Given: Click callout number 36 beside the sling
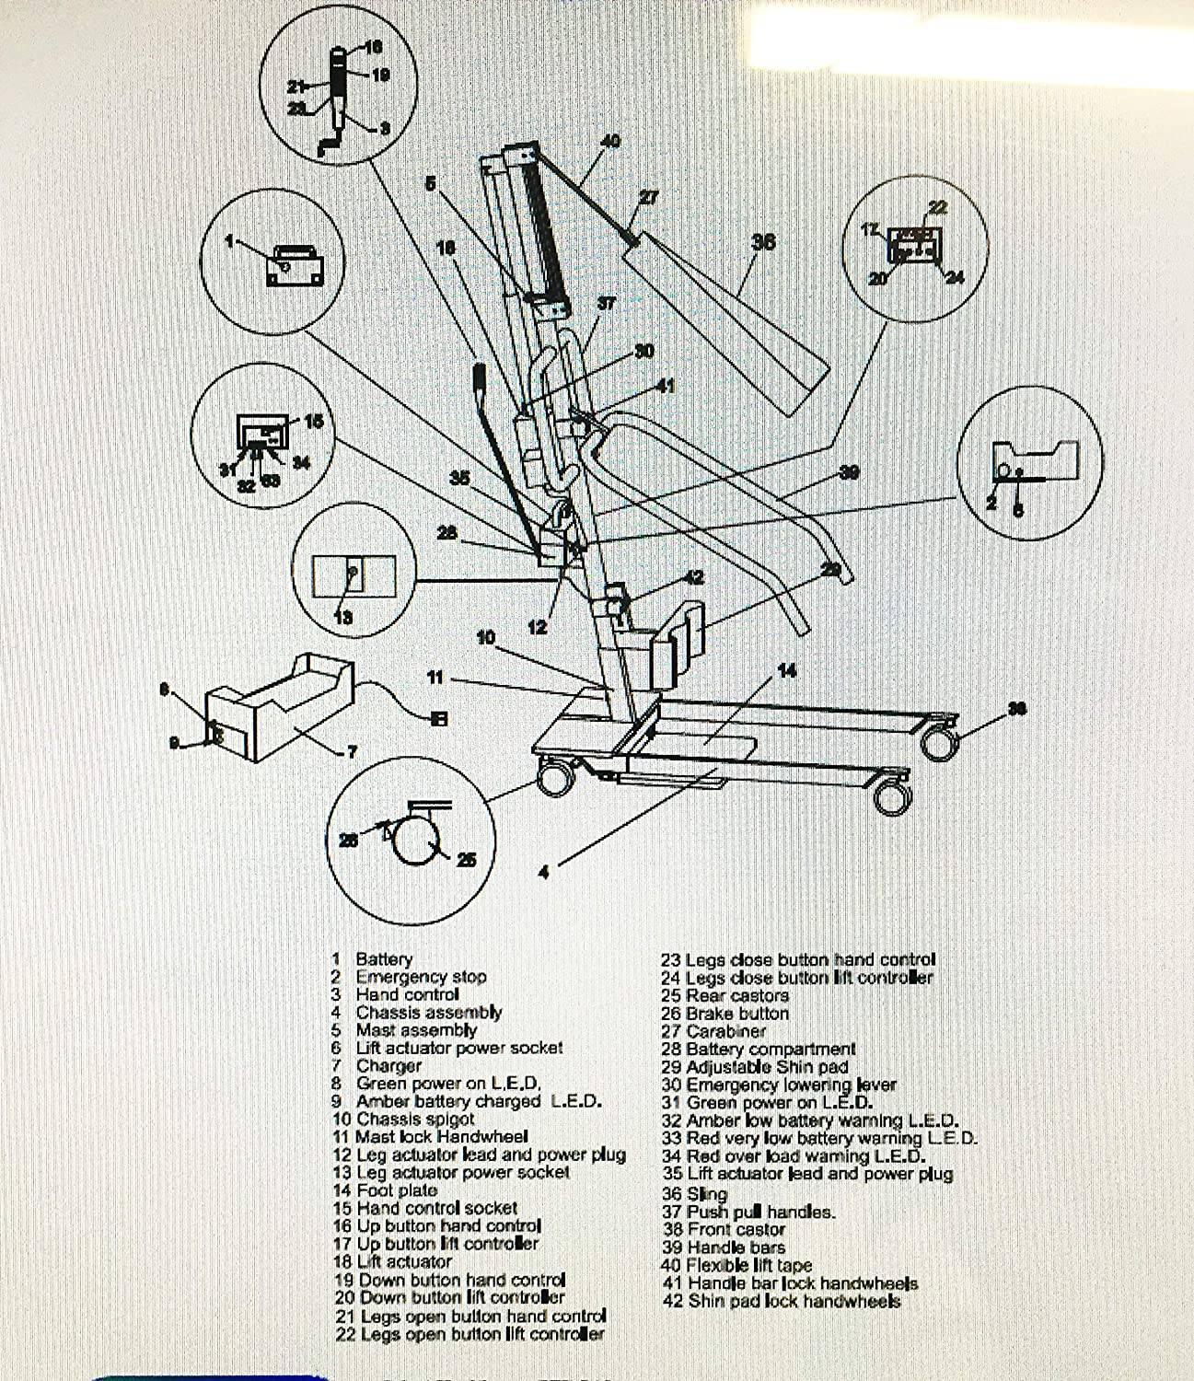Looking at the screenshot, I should (x=763, y=241).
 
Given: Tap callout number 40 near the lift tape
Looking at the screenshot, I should (x=610, y=141).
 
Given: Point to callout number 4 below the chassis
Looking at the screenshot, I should (x=543, y=872).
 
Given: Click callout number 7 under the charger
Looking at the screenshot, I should (x=350, y=752).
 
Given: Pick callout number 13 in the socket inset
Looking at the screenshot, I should (x=342, y=617).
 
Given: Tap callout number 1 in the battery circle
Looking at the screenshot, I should (x=231, y=241).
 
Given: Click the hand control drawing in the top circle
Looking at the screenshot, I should (x=337, y=97).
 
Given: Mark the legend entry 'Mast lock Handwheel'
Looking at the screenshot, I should (x=430, y=1137).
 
